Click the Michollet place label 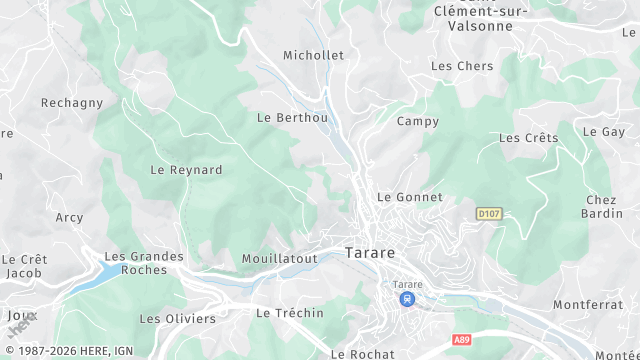[313, 55]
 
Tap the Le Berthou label [292, 117]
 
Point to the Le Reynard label [186, 170]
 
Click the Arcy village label [70, 217]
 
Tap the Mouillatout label [279, 259]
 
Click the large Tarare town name [370, 253]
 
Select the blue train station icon [406, 299]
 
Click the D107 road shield [488, 213]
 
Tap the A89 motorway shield [461, 340]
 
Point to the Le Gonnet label [409, 197]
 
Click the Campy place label [417, 121]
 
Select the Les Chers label [461, 66]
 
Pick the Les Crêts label [528, 138]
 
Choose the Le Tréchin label [290, 313]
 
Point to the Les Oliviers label [177, 319]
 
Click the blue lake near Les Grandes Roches [95, 273]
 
